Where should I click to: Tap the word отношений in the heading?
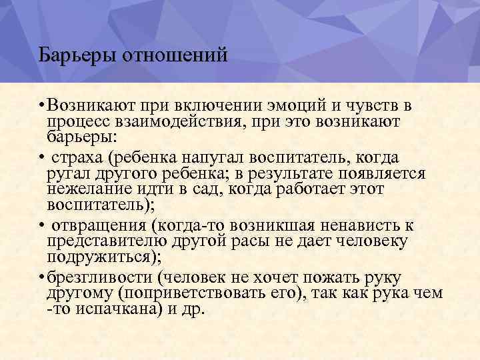coord(175,54)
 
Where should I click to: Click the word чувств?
coord(373,105)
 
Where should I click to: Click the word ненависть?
coord(359,225)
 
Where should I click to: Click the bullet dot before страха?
coord(41,158)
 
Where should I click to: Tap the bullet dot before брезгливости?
coord(41,278)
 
